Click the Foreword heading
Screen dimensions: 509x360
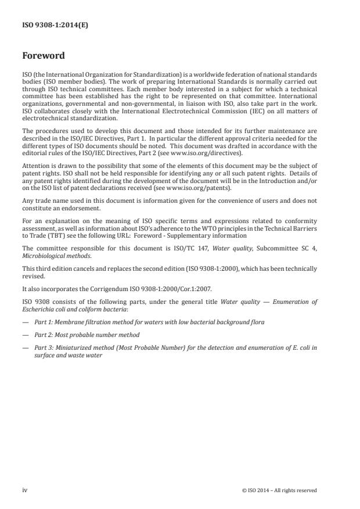(44, 56)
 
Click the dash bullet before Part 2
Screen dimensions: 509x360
(25, 335)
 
